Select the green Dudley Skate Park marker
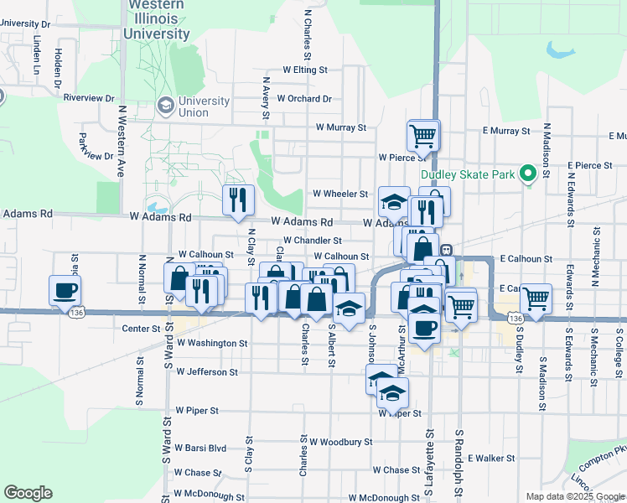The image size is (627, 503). (x=527, y=174)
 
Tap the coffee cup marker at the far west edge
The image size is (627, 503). (x=65, y=290)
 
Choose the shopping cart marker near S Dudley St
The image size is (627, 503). (x=536, y=298)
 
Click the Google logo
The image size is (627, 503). (x=28, y=493)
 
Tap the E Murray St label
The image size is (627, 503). (x=505, y=131)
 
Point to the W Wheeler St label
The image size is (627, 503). (x=340, y=194)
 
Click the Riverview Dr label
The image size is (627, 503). (x=88, y=97)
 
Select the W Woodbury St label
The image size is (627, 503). (x=340, y=441)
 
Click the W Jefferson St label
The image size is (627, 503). (x=207, y=371)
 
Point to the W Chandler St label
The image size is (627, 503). (x=312, y=241)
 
